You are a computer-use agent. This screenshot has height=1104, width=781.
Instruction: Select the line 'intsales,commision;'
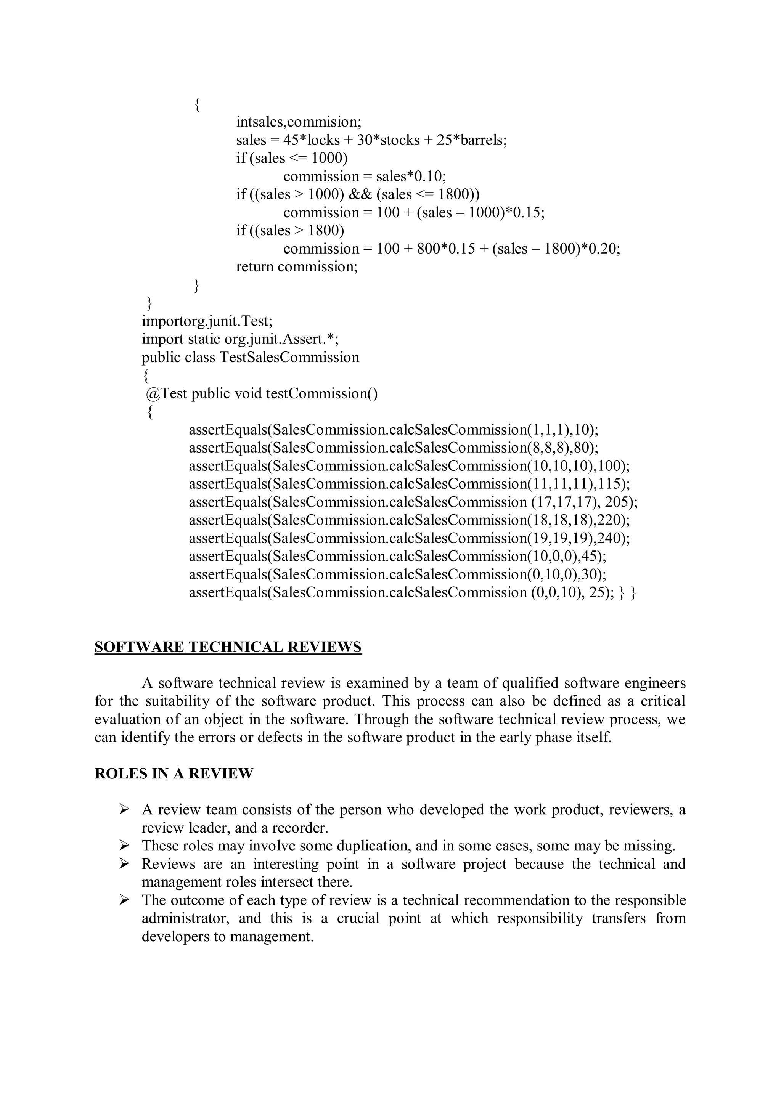298,122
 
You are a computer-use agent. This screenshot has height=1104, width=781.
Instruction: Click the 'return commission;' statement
297,266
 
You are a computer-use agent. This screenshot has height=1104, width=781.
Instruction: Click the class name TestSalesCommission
289,357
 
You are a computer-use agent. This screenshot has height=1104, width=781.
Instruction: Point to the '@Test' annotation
166,394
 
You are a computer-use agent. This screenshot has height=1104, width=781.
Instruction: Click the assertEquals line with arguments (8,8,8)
394,448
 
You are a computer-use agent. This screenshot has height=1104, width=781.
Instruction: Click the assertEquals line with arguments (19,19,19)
409,538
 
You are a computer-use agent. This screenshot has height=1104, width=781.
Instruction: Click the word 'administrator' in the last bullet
183,918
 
